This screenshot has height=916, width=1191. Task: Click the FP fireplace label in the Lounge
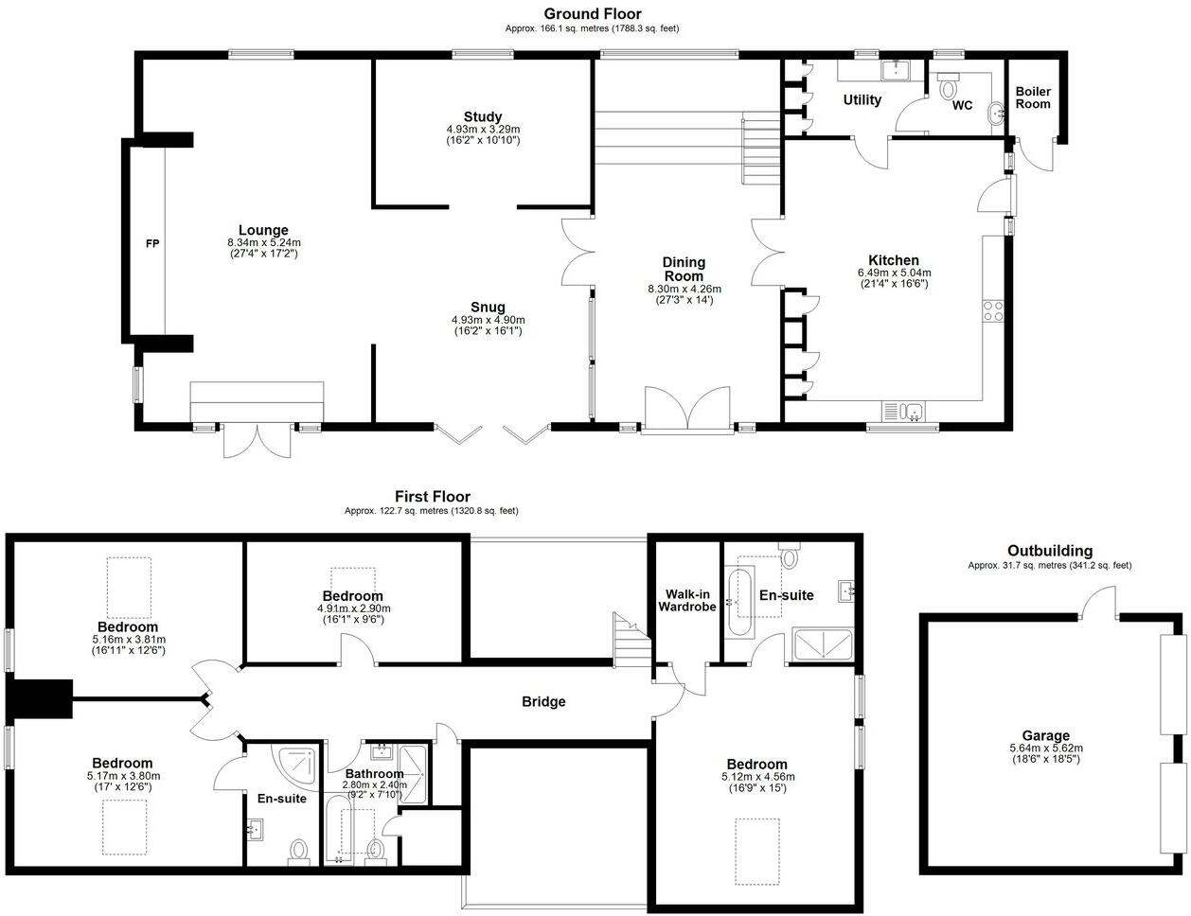click(x=151, y=244)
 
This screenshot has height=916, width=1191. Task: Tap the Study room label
click(x=483, y=117)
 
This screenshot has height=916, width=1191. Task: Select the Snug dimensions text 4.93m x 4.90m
click(x=488, y=320)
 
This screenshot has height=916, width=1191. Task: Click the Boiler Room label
click(x=1033, y=97)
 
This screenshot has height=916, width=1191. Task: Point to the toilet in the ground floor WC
click(x=948, y=88)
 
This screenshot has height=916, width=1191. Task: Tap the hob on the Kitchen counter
click(x=993, y=311)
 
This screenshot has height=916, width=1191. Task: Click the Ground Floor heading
click(x=592, y=14)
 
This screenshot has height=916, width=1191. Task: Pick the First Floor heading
click(x=432, y=497)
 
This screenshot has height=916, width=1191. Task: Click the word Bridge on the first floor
click(x=543, y=701)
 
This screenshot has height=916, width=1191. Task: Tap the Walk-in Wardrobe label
click(x=686, y=600)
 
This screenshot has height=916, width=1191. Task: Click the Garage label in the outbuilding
click(x=1045, y=735)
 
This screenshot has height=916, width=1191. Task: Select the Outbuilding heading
click(x=1049, y=551)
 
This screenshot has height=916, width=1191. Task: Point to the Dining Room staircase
click(x=759, y=151)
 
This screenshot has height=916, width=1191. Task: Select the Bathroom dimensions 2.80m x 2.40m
click(x=373, y=784)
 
